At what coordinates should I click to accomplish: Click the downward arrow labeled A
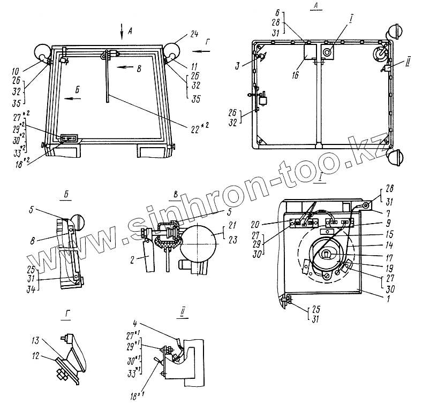pos(122,29)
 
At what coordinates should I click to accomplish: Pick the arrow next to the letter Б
pos(70,99)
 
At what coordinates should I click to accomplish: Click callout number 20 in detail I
pos(271,224)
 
